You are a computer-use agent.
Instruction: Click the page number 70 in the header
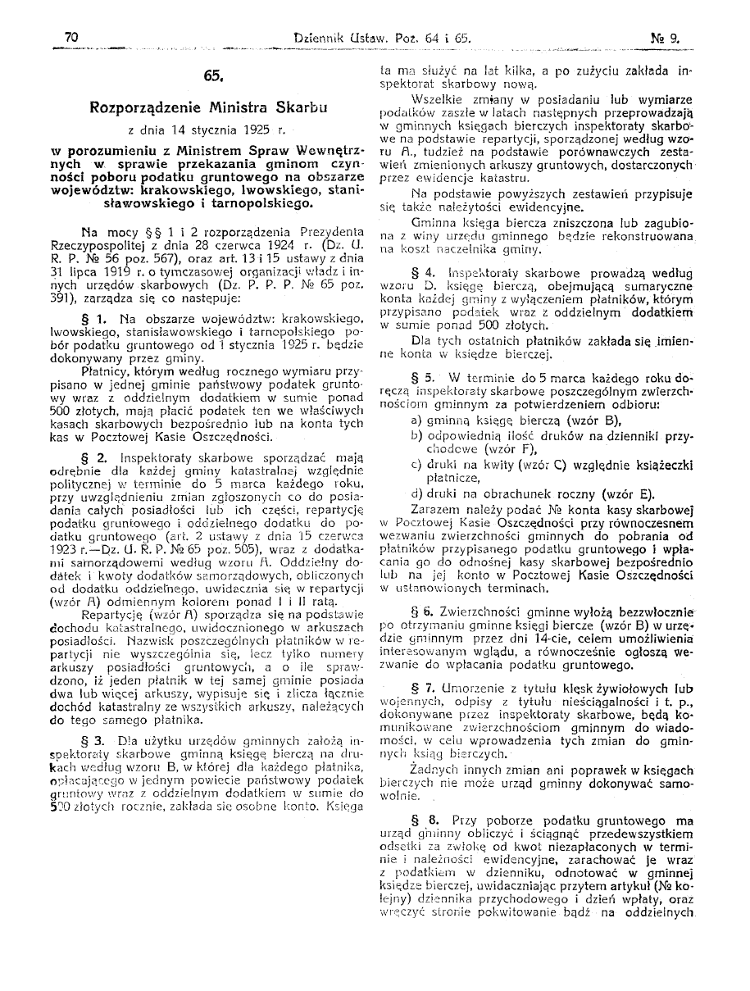(70, 37)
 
